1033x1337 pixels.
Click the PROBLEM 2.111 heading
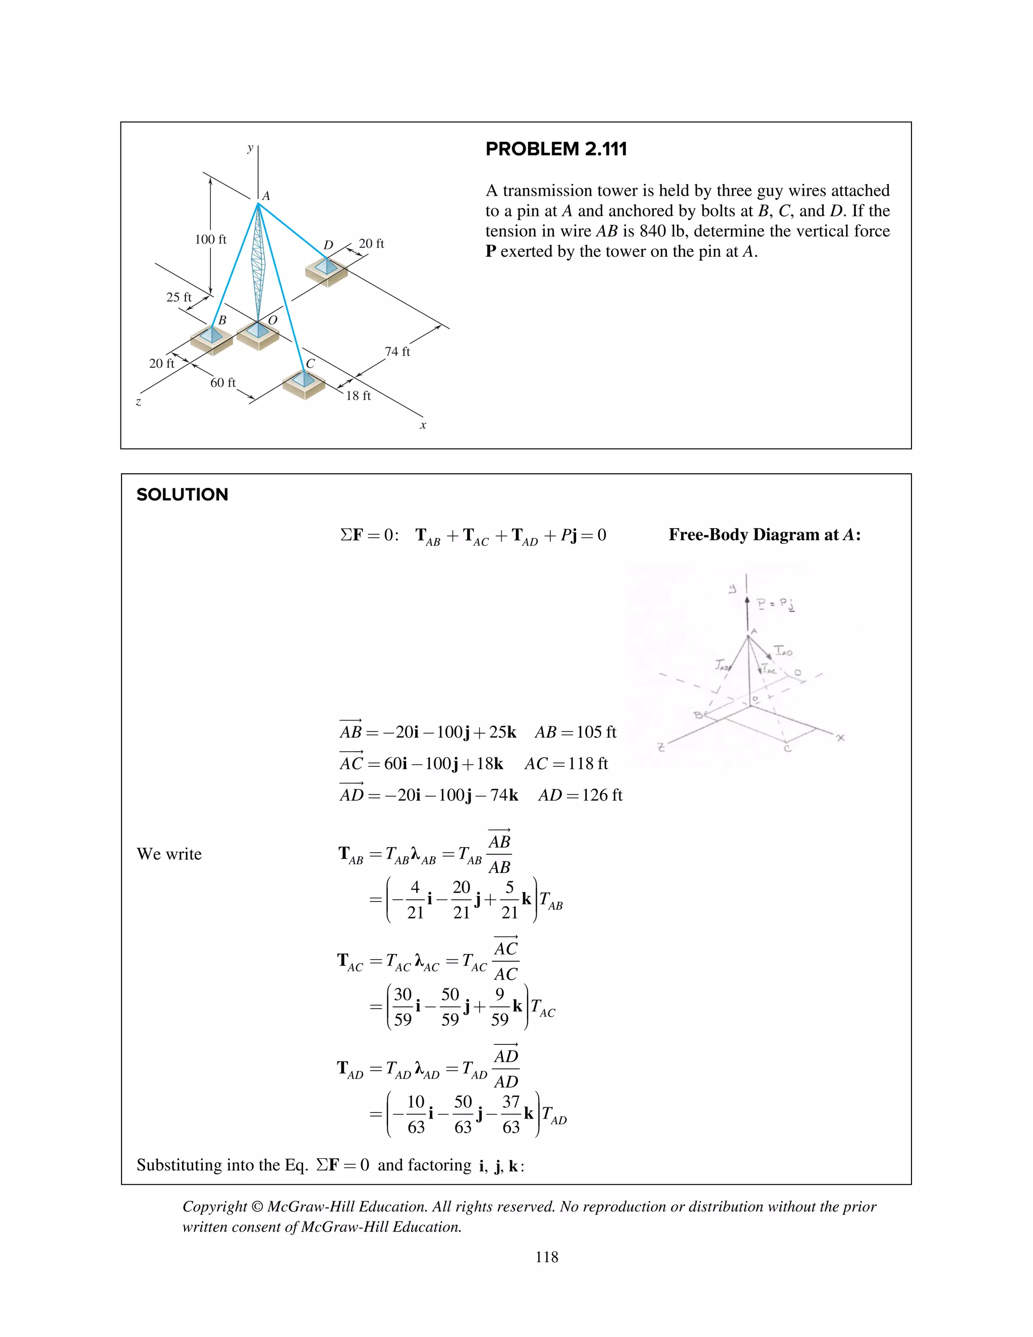556,149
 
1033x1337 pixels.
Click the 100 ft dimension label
210,239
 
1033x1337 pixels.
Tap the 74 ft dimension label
397,351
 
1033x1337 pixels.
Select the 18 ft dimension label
358,396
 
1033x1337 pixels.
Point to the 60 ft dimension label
223,382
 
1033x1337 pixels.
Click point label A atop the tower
266,196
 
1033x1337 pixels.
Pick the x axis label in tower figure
423,425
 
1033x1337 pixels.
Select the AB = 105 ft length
575,732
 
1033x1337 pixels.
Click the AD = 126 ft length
580,795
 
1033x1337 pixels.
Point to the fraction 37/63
510,1114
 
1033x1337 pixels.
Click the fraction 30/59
403,1007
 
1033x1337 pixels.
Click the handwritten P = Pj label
775,604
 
